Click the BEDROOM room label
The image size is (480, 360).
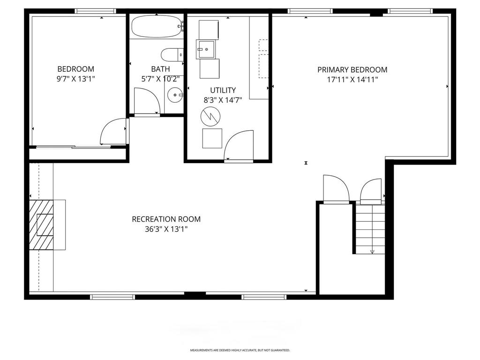pyautogui.click(x=75, y=69)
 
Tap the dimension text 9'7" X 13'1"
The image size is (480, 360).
pyautogui.click(x=75, y=79)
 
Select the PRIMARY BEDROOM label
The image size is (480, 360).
pyautogui.click(x=352, y=70)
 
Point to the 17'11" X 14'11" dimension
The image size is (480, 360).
pyautogui.click(x=352, y=79)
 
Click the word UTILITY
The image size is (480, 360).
pyautogui.click(x=223, y=90)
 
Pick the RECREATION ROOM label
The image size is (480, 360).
pyautogui.click(x=166, y=219)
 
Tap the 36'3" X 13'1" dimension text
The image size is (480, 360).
pyautogui.click(x=166, y=229)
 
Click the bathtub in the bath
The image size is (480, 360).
pyautogui.click(x=156, y=27)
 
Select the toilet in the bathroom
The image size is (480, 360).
pyautogui.click(x=172, y=55)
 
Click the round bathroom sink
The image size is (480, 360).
pyautogui.click(x=175, y=95)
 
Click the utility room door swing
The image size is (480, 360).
pyautogui.click(x=240, y=145)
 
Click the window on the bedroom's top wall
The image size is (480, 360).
pyautogui.click(x=95, y=11)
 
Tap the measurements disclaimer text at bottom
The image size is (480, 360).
pyautogui.click(x=240, y=350)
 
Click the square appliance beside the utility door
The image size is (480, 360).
pyautogui.click(x=212, y=138)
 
